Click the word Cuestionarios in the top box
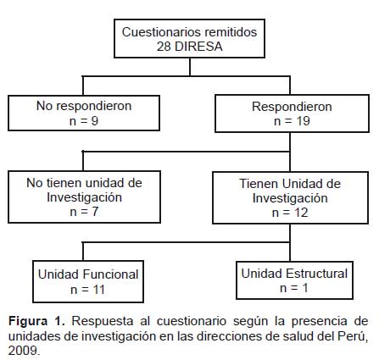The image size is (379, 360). click(161, 32)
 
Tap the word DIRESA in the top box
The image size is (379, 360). click(198, 47)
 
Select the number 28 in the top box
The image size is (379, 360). click(164, 47)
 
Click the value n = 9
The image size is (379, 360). click(84, 121)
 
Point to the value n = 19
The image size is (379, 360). click(292, 121)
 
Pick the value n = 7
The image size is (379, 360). click(84, 212)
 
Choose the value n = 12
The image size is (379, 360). click(290, 213)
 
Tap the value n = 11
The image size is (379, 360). click(88, 290)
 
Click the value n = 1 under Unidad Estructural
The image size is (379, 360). click(294, 288)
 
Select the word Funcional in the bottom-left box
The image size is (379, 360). click(111, 274)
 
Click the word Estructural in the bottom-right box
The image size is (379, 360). click(317, 274)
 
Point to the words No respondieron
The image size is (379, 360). click(84, 106)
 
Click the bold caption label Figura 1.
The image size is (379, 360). click(36, 321)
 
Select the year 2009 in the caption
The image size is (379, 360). click(23, 351)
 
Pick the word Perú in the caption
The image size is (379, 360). click(352, 335)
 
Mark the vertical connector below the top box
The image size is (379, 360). click(190, 67)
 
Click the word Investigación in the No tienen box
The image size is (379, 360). click(84, 197)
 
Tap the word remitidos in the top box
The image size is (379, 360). click(231, 32)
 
